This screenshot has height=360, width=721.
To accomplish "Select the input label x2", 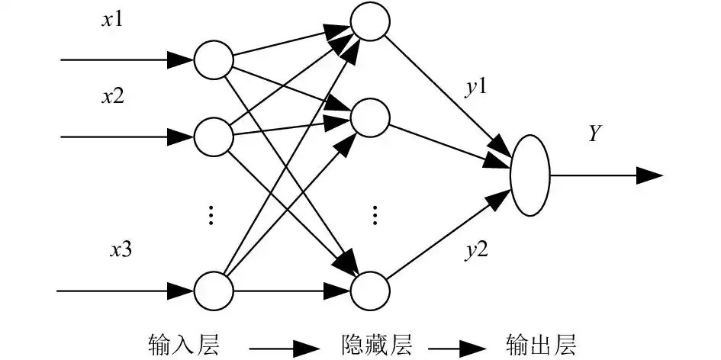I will (113, 97).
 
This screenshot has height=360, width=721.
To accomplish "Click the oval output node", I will (529, 175).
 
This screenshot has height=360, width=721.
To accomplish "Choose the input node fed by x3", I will (212, 291).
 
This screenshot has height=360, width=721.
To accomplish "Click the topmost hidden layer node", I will (369, 22).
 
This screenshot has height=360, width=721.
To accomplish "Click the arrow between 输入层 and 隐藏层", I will (278, 347).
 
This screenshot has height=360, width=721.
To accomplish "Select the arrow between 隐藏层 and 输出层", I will (458, 347).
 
